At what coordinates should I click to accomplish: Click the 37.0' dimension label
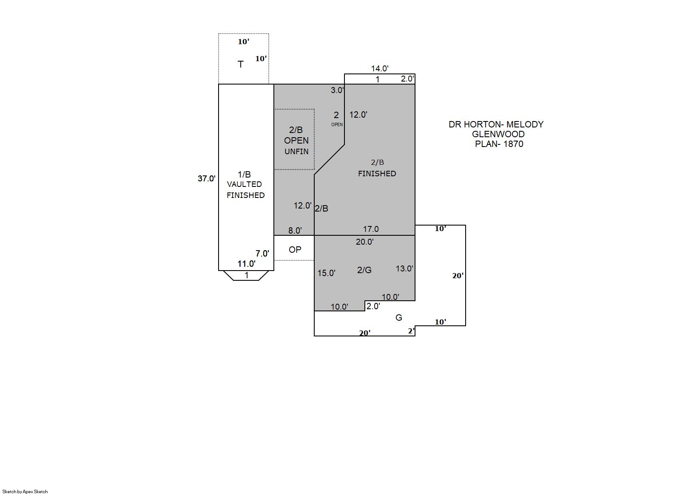[x=206, y=178]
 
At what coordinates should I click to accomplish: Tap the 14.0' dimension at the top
[x=380, y=68]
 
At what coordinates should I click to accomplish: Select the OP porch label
[x=295, y=250]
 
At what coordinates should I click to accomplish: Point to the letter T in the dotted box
[x=240, y=64]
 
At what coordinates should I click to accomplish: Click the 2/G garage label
[x=364, y=270]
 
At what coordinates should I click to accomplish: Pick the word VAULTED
[x=245, y=184]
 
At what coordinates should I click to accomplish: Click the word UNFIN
[x=297, y=152]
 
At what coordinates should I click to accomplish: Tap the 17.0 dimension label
[x=371, y=229]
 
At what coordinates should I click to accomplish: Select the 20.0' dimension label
[x=365, y=242]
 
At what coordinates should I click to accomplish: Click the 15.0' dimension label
[x=327, y=273]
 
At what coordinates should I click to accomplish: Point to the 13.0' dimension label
[x=404, y=268]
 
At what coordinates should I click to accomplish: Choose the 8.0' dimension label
[x=295, y=231]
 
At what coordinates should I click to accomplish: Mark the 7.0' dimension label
[x=262, y=254]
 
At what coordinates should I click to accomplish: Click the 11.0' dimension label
[x=247, y=264]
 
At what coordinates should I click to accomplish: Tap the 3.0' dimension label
[x=337, y=90]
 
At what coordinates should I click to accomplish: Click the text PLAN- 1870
[x=499, y=144]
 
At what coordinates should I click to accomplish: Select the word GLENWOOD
[x=498, y=134]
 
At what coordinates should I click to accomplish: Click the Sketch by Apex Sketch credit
[x=25, y=491]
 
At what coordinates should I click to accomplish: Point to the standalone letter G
[x=399, y=318]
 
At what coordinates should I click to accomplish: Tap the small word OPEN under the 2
[x=337, y=125]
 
